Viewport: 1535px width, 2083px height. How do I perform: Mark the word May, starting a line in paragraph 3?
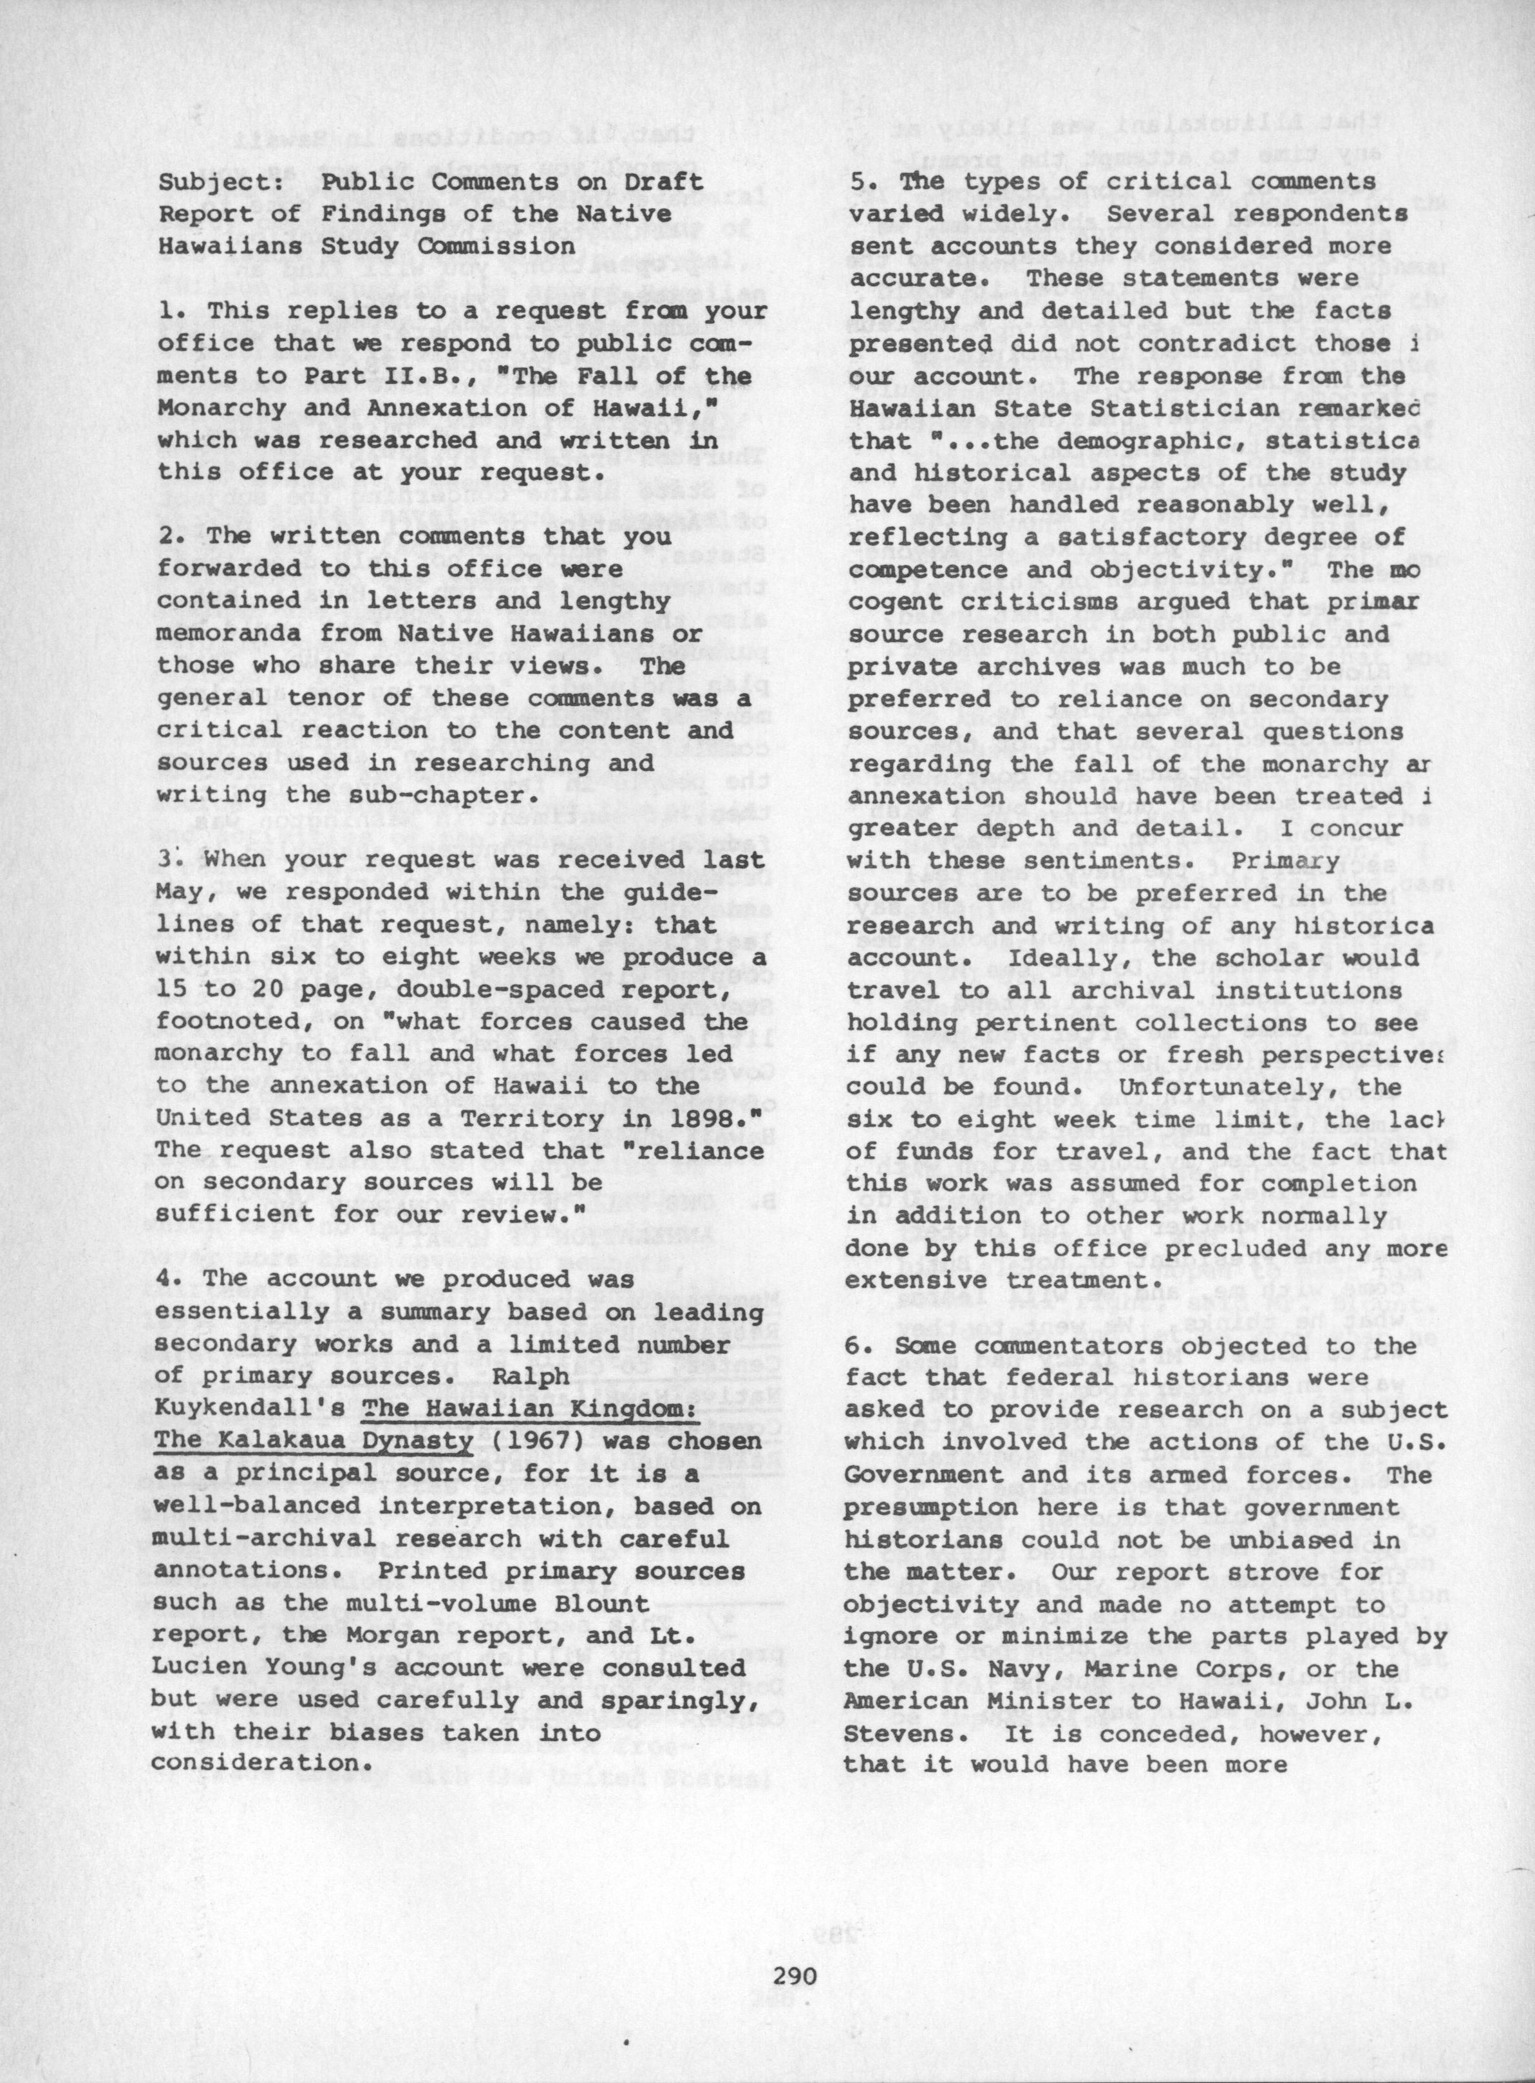[x=181, y=892]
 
